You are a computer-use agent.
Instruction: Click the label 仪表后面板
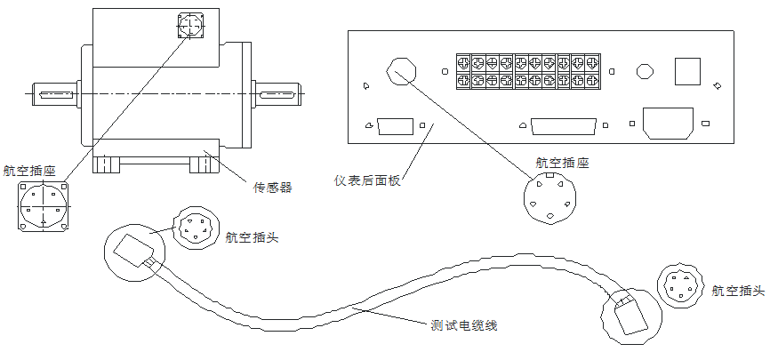click(368, 180)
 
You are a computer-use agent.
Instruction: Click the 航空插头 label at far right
click(738, 291)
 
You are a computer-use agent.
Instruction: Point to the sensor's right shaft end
click(277, 92)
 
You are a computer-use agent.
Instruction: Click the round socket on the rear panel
click(401, 70)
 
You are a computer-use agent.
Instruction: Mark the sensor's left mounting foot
click(106, 165)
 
